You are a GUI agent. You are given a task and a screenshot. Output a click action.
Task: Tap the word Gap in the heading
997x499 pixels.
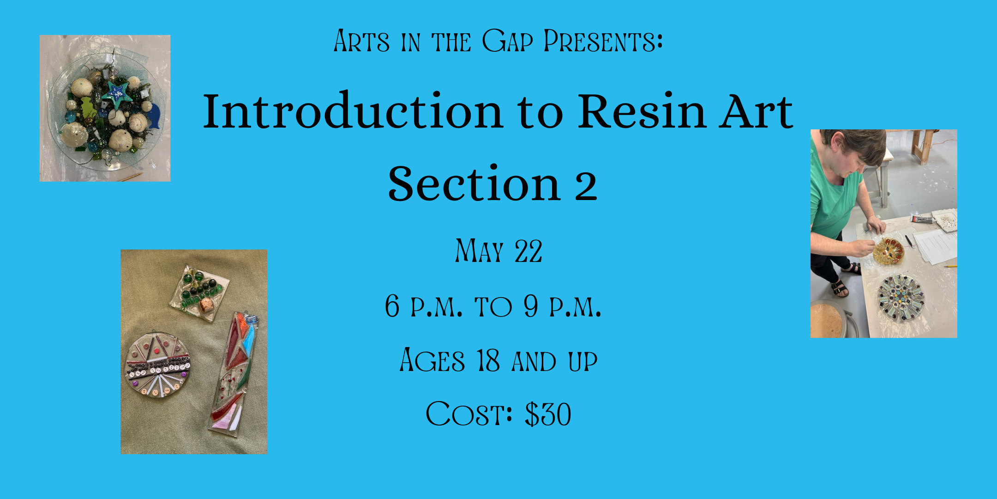(x=508, y=41)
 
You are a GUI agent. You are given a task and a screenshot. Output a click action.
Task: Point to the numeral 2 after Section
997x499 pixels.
(x=586, y=185)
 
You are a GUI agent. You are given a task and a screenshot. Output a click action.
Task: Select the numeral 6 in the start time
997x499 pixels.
(x=392, y=306)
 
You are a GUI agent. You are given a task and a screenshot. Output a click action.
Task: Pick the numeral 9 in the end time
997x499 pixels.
(x=531, y=306)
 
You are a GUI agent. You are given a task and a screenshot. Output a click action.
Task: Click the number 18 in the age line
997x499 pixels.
(x=488, y=360)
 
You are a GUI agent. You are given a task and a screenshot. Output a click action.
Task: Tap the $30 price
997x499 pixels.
(x=548, y=414)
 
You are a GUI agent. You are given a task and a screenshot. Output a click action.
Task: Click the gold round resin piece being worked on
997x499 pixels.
(x=889, y=251)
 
